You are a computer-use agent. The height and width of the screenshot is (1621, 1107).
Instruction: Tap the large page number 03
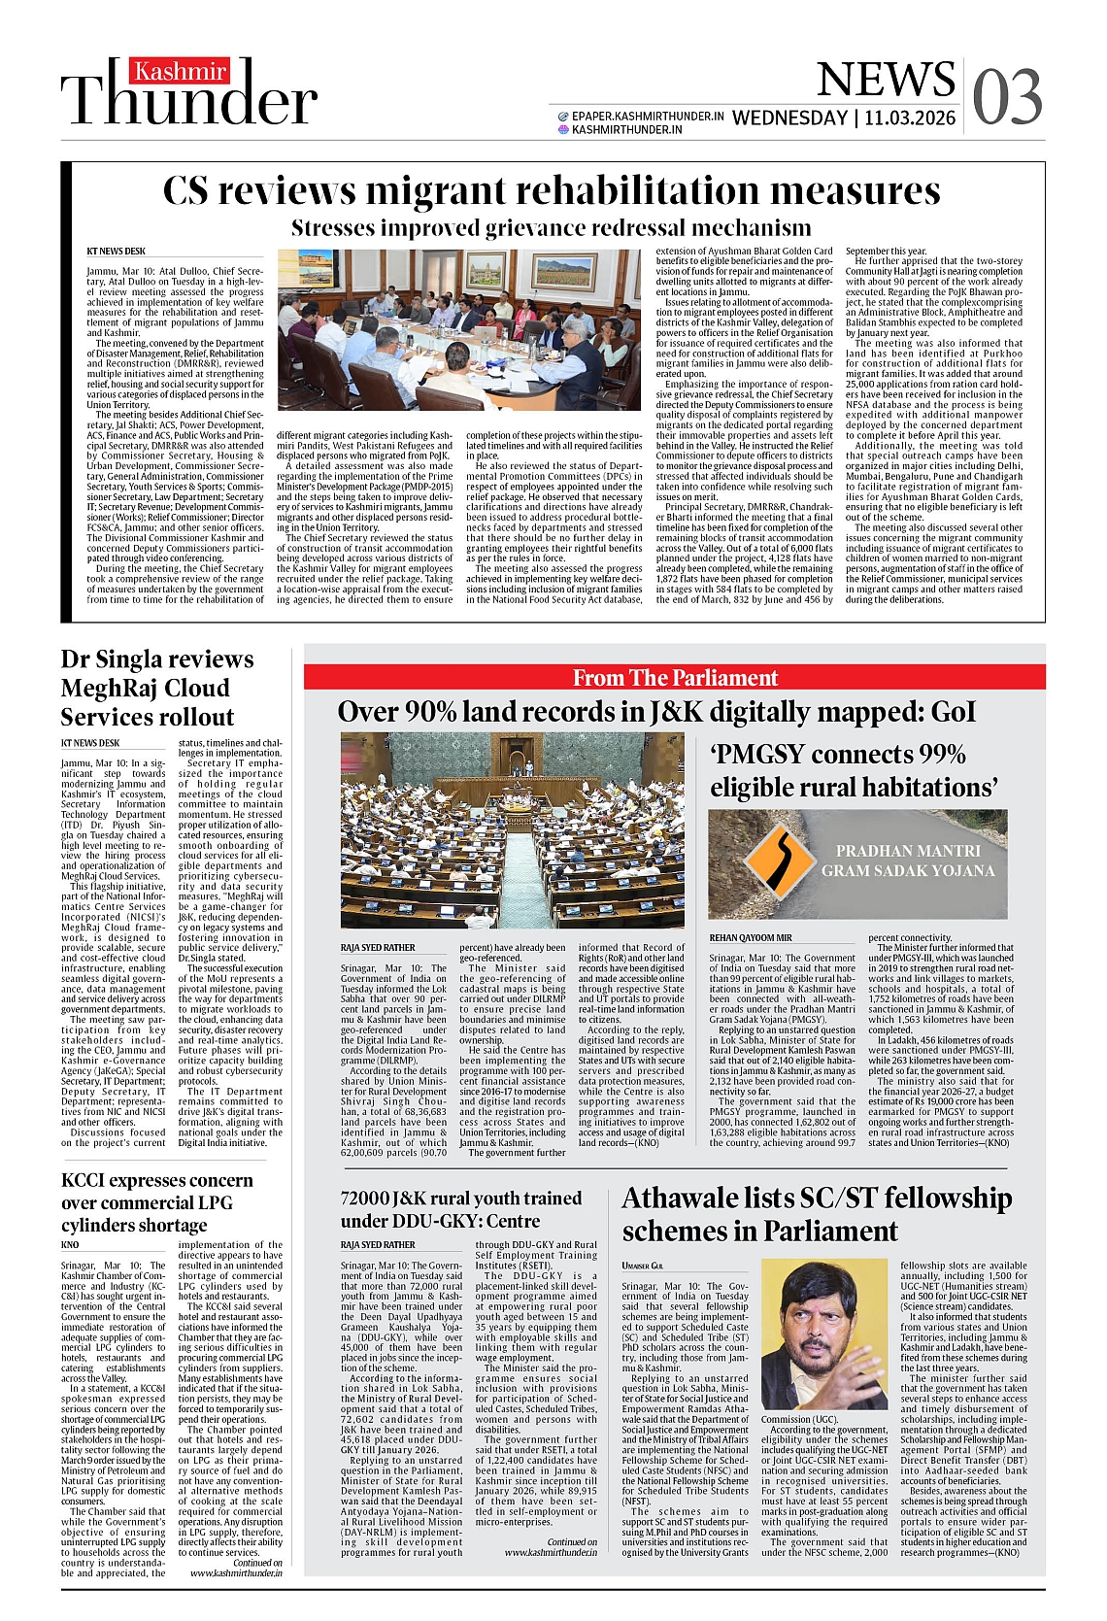pos(1007,98)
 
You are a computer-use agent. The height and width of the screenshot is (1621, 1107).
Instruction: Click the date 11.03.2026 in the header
pos(910,118)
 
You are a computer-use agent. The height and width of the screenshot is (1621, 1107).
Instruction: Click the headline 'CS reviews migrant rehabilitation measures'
pos(551,190)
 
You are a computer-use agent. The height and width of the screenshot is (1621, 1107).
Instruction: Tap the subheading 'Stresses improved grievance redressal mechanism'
pos(551,228)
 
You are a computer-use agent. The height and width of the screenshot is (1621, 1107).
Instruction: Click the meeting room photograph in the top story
pos(458,330)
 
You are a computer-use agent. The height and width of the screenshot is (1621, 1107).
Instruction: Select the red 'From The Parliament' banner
pos(675,677)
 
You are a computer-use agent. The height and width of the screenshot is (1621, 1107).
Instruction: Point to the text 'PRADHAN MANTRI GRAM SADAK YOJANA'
pos(907,861)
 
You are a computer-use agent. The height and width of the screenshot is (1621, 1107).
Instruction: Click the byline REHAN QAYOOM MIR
pos(750,937)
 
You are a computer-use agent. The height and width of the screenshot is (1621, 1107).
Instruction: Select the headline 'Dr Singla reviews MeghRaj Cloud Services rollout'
pos(157,688)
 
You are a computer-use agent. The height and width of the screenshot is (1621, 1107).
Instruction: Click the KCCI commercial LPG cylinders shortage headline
pos(157,1202)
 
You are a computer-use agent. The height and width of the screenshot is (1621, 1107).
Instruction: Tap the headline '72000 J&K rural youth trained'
pos(461,1209)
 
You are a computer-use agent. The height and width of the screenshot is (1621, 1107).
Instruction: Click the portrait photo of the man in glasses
pos(823,1334)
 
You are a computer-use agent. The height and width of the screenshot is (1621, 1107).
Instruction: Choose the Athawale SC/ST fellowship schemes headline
pos(816,1214)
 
